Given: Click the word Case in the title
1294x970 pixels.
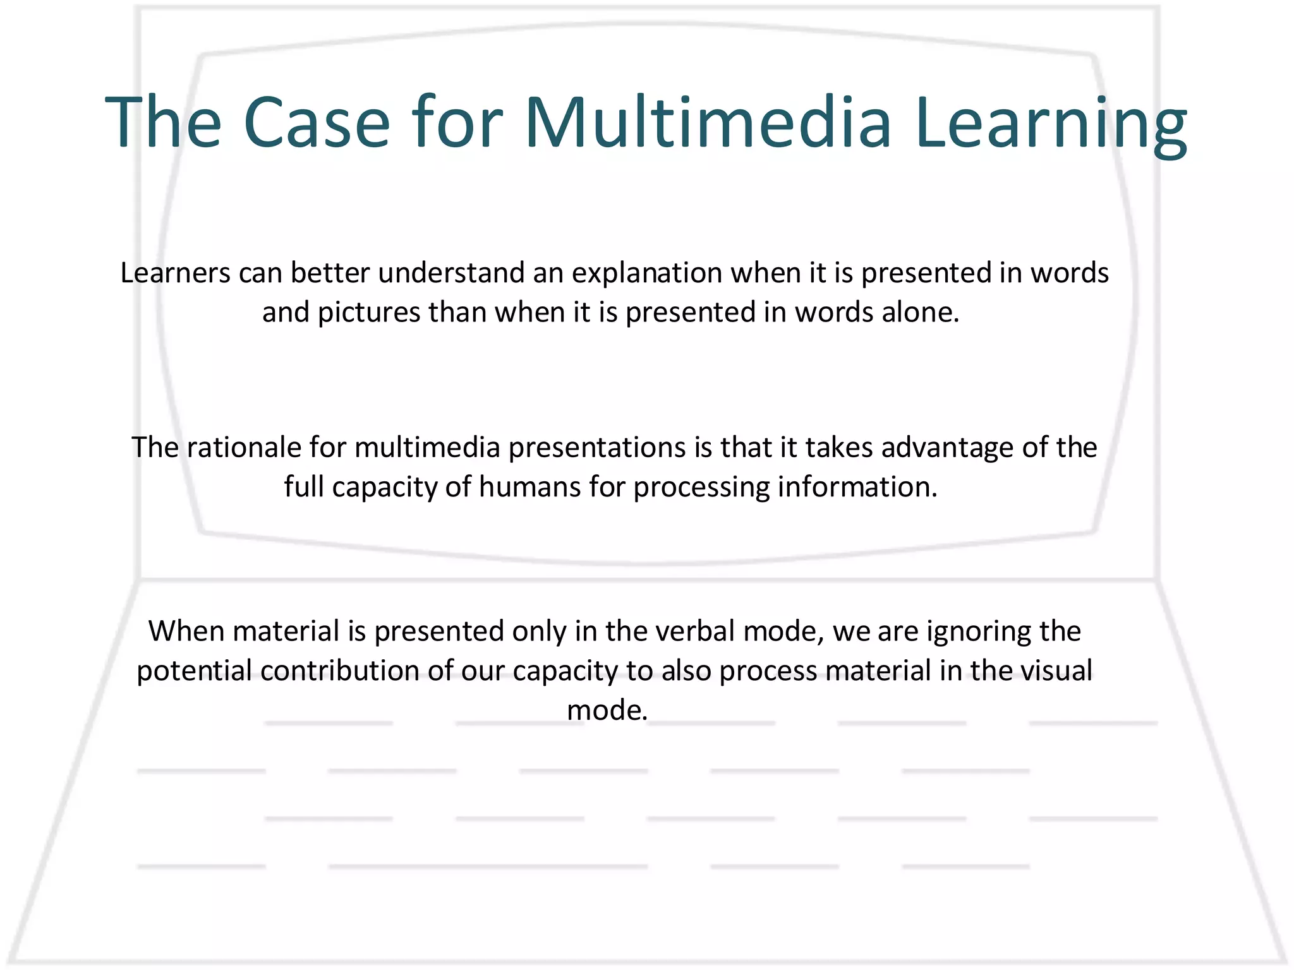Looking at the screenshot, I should pyautogui.click(x=316, y=123).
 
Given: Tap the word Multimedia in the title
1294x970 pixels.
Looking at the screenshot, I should pyautogui.click(x=708, y=123).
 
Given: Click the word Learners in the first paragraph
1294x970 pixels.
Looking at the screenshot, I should pyautogui.click(x=175, y=273).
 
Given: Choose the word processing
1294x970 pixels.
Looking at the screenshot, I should pyautogui.click(x=701, y=488).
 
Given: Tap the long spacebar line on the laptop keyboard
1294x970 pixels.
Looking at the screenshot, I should pyautogui.click(x=488, y=866).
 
